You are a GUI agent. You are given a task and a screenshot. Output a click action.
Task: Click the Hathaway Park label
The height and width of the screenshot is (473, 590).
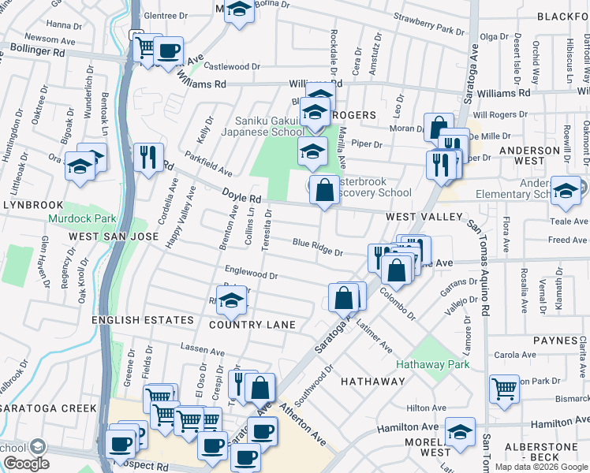click(432, 364)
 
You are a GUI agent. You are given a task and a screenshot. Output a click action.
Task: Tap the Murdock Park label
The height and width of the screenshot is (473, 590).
click(81, 218)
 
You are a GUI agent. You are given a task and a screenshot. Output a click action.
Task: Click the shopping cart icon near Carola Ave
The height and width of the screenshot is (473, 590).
click(504, 388)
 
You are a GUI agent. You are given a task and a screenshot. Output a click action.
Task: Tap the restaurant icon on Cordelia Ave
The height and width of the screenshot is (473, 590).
click(147, 157)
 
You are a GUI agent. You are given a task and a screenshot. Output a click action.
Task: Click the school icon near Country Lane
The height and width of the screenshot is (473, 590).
click(231, 300)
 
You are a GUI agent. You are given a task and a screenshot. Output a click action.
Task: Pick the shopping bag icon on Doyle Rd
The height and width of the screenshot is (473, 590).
click(324, 189)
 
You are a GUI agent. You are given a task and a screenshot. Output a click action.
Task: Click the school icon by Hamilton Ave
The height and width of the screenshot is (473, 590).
click(460, 430)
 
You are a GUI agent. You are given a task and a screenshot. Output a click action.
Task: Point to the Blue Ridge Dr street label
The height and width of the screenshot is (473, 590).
click(317, 248)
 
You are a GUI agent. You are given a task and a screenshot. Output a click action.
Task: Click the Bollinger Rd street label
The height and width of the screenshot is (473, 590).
click(37, 50)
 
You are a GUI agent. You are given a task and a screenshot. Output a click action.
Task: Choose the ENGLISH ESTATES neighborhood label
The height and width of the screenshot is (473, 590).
click(143, 320)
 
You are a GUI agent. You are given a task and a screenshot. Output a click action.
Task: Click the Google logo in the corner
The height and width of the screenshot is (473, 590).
click(26, 464)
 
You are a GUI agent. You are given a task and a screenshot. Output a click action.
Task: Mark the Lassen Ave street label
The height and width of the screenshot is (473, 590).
click(198, 348)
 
